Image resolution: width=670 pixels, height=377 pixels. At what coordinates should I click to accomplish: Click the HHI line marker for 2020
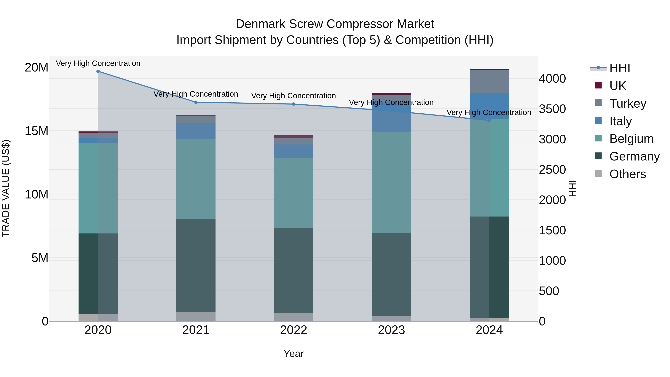[98, 71]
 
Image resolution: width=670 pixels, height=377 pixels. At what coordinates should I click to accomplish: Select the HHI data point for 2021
[196, 102]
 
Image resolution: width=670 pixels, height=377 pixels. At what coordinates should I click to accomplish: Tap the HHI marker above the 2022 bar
[294, 104]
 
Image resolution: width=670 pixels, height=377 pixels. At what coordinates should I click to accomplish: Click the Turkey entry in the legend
[628, 103]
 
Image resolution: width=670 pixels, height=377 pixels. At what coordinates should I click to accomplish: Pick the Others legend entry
[627, 174]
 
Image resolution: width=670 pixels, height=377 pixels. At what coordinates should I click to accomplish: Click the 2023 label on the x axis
[391, 330]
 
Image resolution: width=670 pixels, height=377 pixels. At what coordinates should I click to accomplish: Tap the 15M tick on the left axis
[36, 131]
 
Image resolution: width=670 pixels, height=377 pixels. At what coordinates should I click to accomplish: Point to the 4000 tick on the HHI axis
[552, 79]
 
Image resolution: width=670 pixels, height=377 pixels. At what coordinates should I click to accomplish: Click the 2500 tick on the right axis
[552, 170]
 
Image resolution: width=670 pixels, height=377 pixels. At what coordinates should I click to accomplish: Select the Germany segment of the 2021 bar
[196, 265]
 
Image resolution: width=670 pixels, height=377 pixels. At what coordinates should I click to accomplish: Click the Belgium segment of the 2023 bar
[391, 183]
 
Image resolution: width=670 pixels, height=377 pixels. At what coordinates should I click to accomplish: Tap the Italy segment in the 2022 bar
[294, 151]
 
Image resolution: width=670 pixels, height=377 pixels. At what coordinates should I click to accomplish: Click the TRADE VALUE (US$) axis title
[6, 189]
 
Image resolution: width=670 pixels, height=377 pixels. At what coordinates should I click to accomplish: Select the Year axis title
[294, 354]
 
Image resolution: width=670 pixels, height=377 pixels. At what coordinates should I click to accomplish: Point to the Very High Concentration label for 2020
[98, 63]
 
